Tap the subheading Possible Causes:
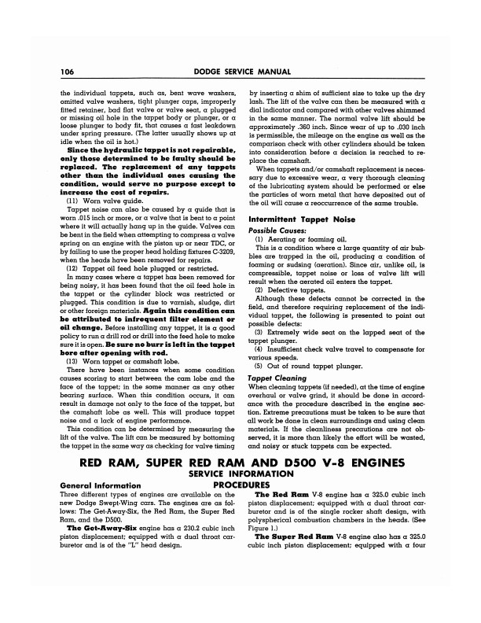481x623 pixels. click(x=276, y=206)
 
